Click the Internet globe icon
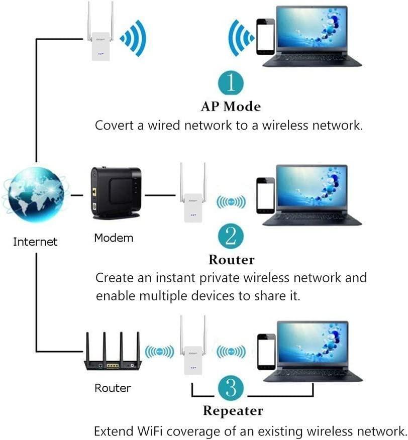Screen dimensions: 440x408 [x=36, y=196]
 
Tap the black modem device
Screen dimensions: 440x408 [x=115, y=192]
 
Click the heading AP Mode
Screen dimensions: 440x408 [x=231, y=106]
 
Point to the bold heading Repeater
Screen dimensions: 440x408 [x=233, y=411]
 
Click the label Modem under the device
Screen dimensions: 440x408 [x=114, y=238]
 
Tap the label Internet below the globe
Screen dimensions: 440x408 [x=35, y=242]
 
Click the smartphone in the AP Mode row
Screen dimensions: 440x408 [x=265, y=36]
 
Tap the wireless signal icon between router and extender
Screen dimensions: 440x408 [x=159, y=352]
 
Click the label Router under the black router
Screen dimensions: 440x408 [x=113, y=388]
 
